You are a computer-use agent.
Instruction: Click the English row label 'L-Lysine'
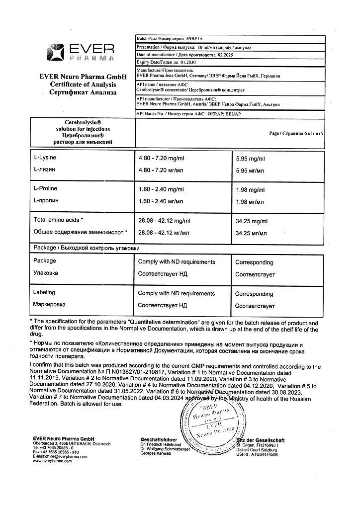coord(45,158)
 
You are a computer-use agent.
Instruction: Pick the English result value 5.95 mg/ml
coord(251,159)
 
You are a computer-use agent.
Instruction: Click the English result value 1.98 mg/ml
coord(251,190)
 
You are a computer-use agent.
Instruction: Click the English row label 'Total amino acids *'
coord(58,220)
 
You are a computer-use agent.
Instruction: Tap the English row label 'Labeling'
coord(44,293)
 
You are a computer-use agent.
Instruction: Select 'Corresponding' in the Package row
coord(254,262)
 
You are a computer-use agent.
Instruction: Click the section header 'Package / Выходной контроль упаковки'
coord(86,248)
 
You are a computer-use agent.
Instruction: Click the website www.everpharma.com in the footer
coord(52,461)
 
